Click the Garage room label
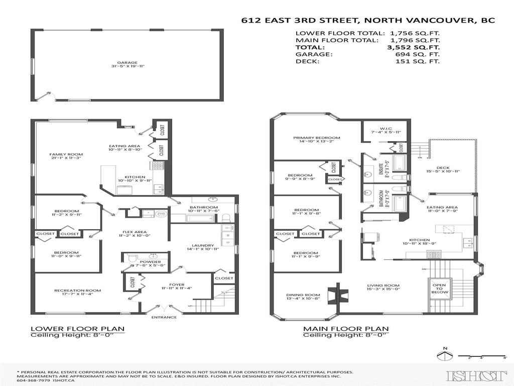point(127,63)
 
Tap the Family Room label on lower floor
point(59,154)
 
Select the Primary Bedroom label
point(317,138)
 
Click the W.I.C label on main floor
point(385,128)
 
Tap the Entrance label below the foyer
point(165,317)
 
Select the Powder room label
point(151,262)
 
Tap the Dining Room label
point(303,295)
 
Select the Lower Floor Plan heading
point(77,329)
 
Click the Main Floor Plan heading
point(345,329)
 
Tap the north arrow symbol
point(443,356)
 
